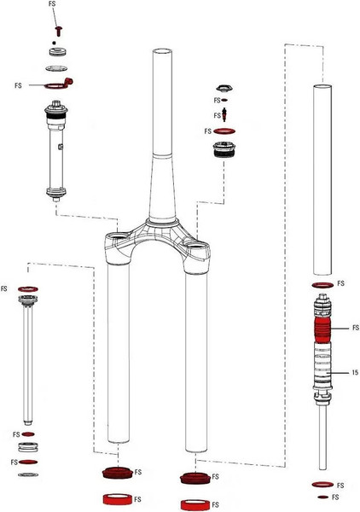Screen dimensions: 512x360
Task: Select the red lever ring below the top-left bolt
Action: pyautogui.click(x=60, y=84)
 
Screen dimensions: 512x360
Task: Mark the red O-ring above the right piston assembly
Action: pyautogui.click(x=322, y=283)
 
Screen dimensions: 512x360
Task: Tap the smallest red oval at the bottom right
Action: pyautogui.click(x=322, y=496)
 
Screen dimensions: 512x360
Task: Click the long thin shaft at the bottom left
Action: pyautogui.click(x=28, y=367)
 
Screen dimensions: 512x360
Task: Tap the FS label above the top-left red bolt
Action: pyautogui.click(x=53, y=5)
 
